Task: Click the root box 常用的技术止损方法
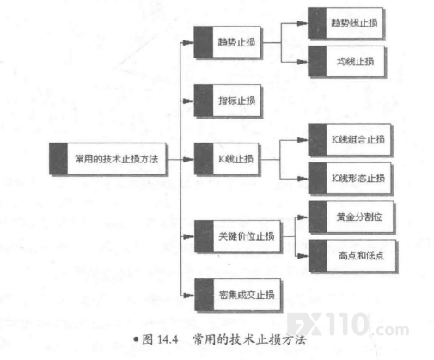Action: click(x=107, y=158)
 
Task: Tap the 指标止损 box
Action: click(x=228, y=101)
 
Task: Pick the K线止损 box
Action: click(x=227, y=159)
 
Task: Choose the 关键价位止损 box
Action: click(x=237, y=236)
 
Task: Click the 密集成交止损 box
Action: click(x=237, y=295)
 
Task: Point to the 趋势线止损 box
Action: click(x=345, y=22)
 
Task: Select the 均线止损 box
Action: click(x=346, y=61)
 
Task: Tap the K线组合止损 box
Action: click(x=350, y=139)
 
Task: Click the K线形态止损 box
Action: click(x=350, y=179)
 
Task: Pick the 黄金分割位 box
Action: click(x=351, y=217)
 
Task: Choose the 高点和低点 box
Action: click(x=352, y=255)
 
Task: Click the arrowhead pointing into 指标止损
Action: click(x=188, y=101)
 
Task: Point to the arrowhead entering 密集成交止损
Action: click(x=189, y=295)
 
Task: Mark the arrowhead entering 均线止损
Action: click(x=303, y=62)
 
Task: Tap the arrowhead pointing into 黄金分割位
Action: click(x=303, y=217)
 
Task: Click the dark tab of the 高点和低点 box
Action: click(x=317, y=255)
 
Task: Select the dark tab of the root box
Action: click(x=58, y=158)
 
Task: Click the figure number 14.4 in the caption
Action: click(x=168, y=339)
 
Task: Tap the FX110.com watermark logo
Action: click(x=348, y=325)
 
